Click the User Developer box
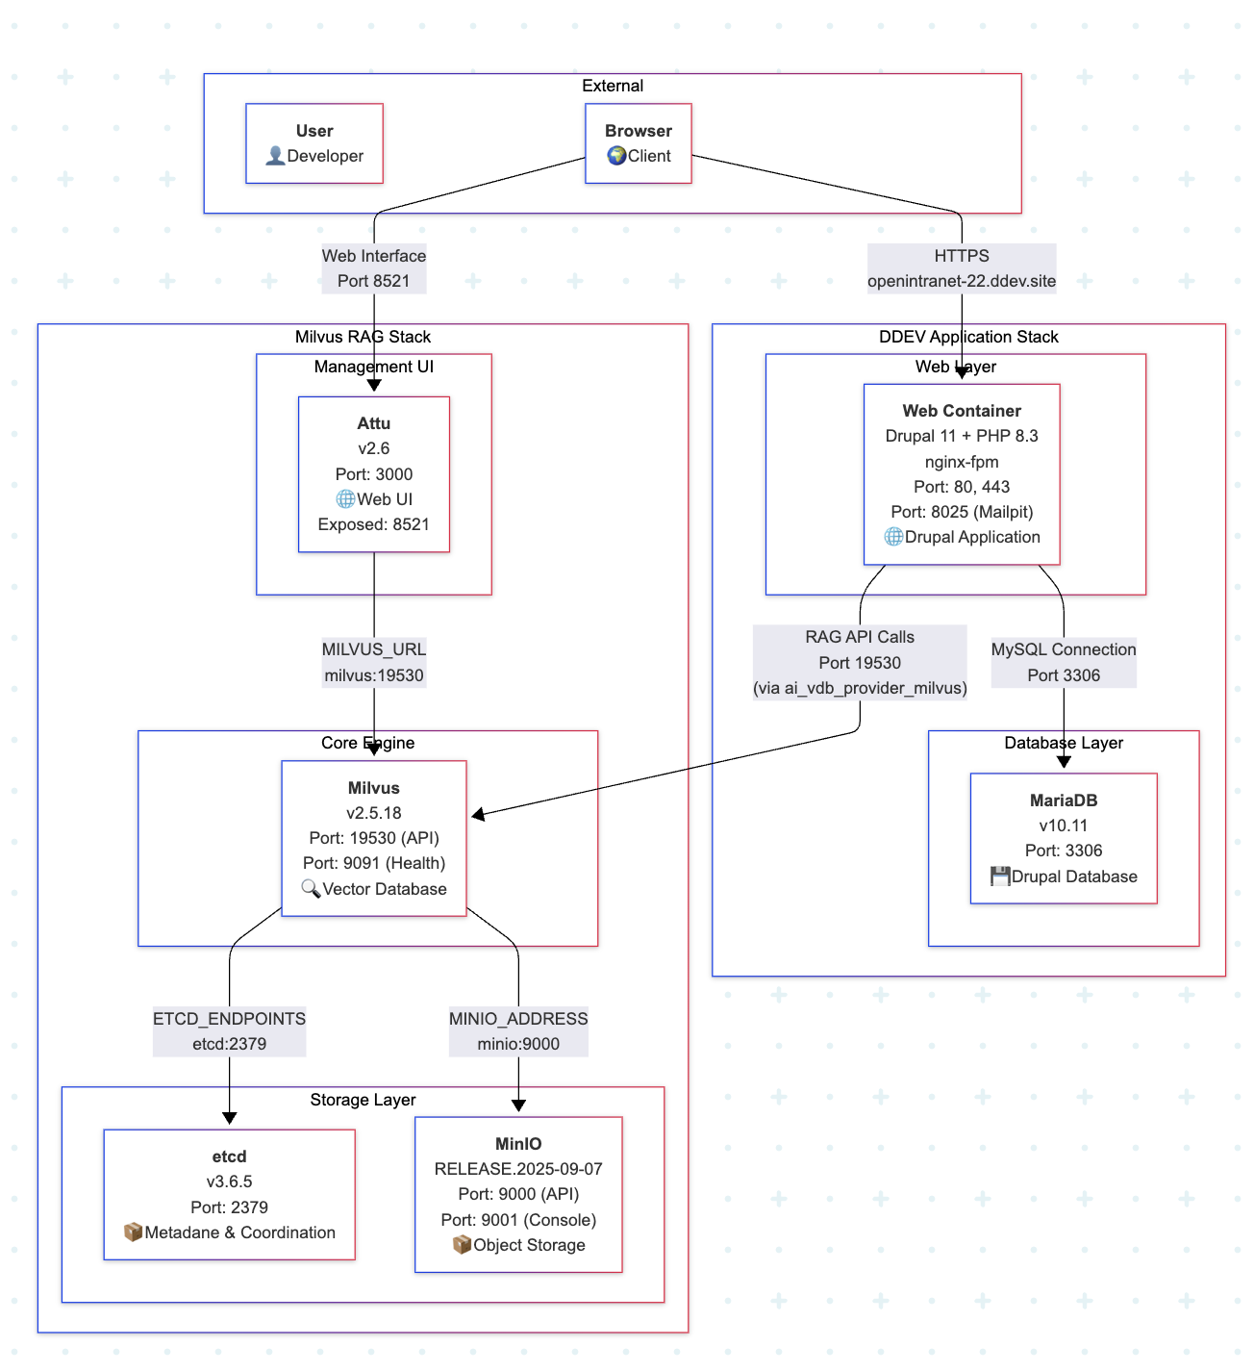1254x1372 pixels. pyautogui.click(x=314, y=143)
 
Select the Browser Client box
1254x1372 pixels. pyautogui.click(x=638, y=143)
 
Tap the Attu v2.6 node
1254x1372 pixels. pyautogui.click(x=373, y=474)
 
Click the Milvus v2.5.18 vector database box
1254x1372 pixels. pyautogui.click(x=373, y=838)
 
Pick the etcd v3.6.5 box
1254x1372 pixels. pyautogui.click(x=229, y=1194)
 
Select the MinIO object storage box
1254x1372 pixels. pyautogui.click(x=518, y=1194)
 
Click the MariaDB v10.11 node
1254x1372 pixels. pyautogui.click(x=1063, y=838)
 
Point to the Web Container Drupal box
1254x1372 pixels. pyautogui.click(x=961, y=474)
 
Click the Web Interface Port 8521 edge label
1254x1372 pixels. pyautogui.click(x=373, y=268)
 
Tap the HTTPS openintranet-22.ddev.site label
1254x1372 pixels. pyautogui.click(x=961, y=268)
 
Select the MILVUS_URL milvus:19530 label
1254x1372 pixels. pyautogui.click(x=373, y=662)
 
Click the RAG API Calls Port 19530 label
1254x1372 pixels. pyautogui.click(x=859, y=662)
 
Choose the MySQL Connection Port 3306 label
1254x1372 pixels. pyautogui.click(x=1063, y=662)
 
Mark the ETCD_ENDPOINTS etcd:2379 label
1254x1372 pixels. pyautogui.click(x=229, y=1031)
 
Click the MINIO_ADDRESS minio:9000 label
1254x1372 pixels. pyautogui.click(x=518, y=1031)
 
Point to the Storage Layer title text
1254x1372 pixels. pyautogui.click(x=363, y=1100)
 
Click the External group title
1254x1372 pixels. pyautogui.click(x=612, y=86)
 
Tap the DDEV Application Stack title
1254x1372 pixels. pyautogui.click(x=967, y=337)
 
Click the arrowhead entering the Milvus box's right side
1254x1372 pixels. pyautogui.click(x=478, y=815)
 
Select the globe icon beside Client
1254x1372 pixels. pyautogui.click(x=616, y=156)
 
